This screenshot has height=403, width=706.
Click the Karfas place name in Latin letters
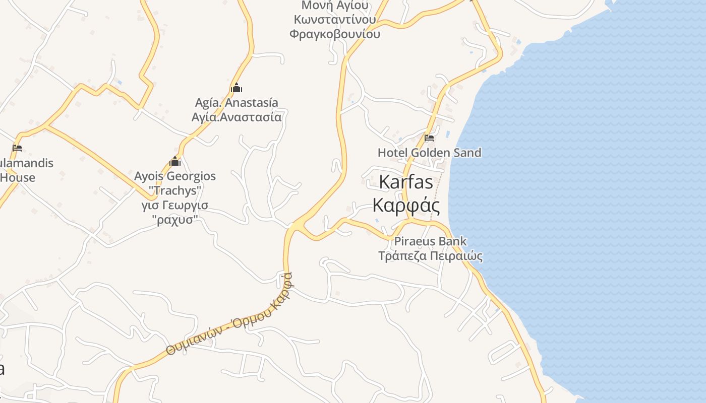405,182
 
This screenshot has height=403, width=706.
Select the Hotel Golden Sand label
429,153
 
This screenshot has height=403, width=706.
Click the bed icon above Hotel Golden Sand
429,138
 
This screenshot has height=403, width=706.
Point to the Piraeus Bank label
430,241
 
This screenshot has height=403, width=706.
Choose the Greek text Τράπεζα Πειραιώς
430,256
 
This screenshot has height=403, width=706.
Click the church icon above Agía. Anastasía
237,88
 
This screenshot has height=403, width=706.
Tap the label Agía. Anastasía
237,103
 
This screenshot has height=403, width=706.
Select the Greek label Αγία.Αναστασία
237,117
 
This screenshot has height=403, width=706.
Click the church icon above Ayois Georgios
175,162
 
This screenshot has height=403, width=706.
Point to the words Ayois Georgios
175,176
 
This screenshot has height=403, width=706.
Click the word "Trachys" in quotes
175,191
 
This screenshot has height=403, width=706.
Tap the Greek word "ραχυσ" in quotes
175,220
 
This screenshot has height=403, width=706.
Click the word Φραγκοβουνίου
335,34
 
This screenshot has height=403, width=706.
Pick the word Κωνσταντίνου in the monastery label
335,20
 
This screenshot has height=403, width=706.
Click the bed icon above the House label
17,148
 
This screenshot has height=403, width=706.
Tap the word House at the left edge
18,177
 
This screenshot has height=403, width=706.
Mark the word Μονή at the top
313,6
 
